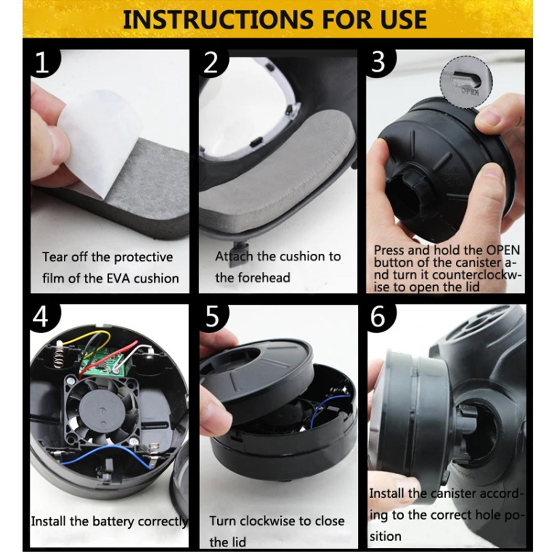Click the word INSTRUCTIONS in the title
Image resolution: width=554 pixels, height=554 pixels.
[x=217, y=19]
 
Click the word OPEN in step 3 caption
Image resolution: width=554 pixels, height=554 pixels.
[x=503, y=250]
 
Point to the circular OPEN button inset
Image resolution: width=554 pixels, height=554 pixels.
[x=467, y=82]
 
